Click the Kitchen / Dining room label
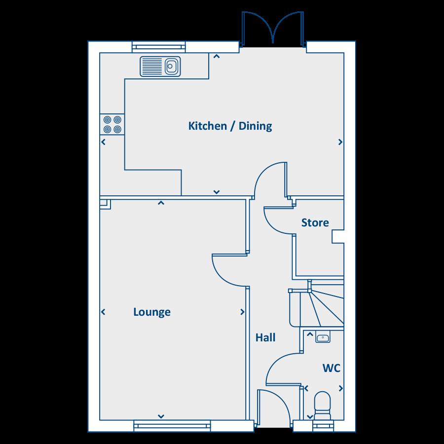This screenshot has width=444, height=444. [230, 126]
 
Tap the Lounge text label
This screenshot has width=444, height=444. [152, 312]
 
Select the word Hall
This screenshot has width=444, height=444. [265, 337]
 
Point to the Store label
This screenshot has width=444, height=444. [315, 223]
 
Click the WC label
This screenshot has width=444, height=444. [332, 368]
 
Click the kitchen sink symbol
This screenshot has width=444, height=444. [161, 66]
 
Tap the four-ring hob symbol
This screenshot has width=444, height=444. [111, 124]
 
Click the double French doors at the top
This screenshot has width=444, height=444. [273, 29]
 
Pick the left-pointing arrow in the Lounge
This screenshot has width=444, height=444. [104, 312]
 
